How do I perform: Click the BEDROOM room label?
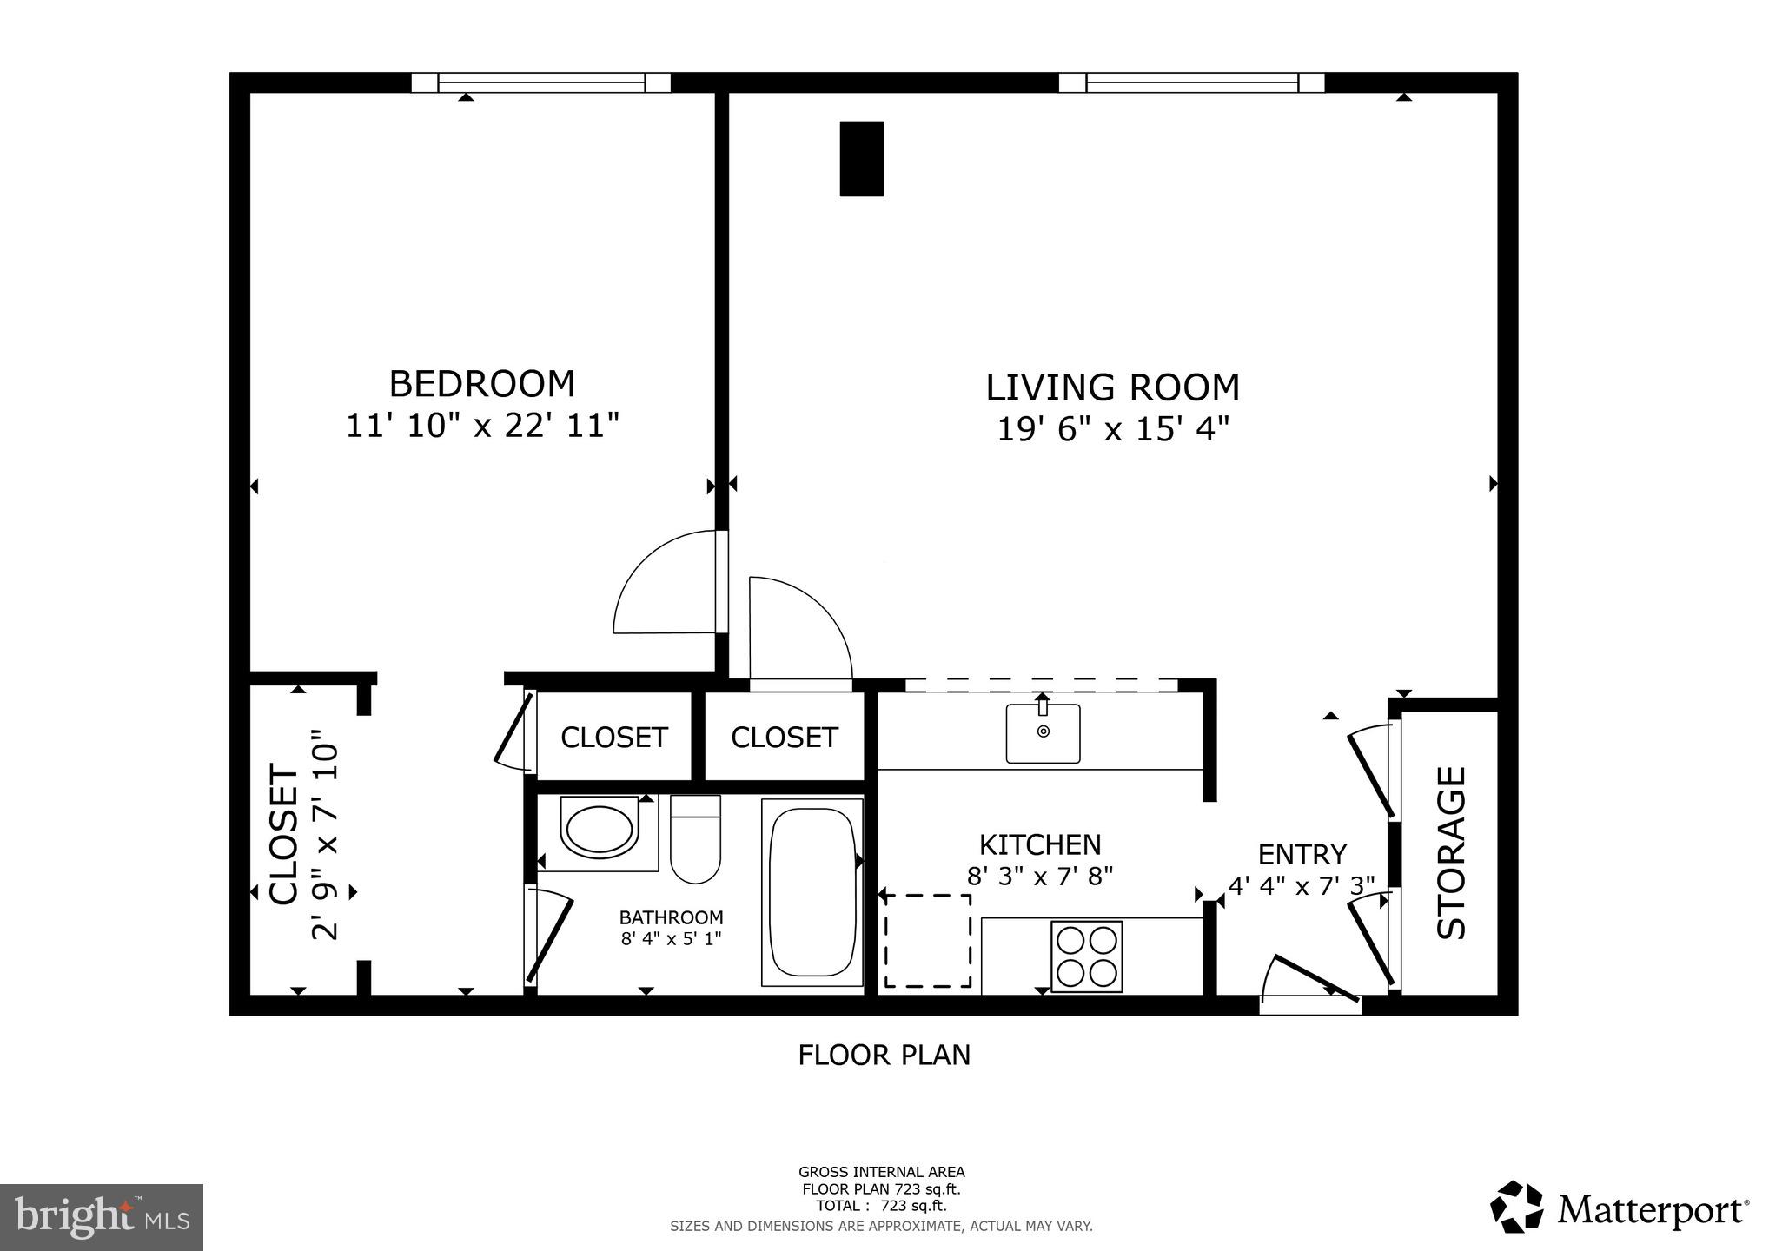coord(481,384)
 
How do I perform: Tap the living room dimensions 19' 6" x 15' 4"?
coord(1112,429)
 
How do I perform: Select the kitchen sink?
coord(1043,733)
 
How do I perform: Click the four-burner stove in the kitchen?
coord(1086,956)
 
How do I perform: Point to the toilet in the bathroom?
coord(695,840)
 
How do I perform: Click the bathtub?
coord(812,893)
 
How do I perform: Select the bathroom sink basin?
coord(598,830)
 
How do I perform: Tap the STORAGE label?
coord(1452,852)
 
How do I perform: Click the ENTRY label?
coord(1302,855)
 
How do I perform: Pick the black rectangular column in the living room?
coord(861,159)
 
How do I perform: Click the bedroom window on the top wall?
coord(540,83)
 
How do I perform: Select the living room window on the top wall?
coord(1191,83)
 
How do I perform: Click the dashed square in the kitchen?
coord(928,941)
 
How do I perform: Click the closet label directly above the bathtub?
coord(784,738)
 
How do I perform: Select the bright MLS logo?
coord(102,1217)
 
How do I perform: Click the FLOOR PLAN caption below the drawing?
coord(884,1056)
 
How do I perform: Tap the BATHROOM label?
coord(671,917)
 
